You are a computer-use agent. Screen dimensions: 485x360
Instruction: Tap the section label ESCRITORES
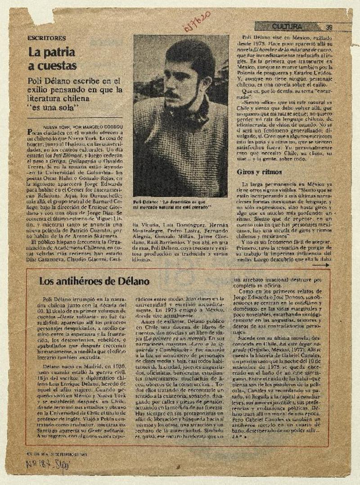pyautogui.click(x=46, y=38)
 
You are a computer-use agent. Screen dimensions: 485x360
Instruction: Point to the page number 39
pyautogui.click(x=329, y=27)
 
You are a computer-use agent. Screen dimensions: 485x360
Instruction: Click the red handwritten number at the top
pyautogui.click(x=197, y=20)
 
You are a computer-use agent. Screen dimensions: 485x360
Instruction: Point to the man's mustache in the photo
pyautogui.click(x=172, y=95)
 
